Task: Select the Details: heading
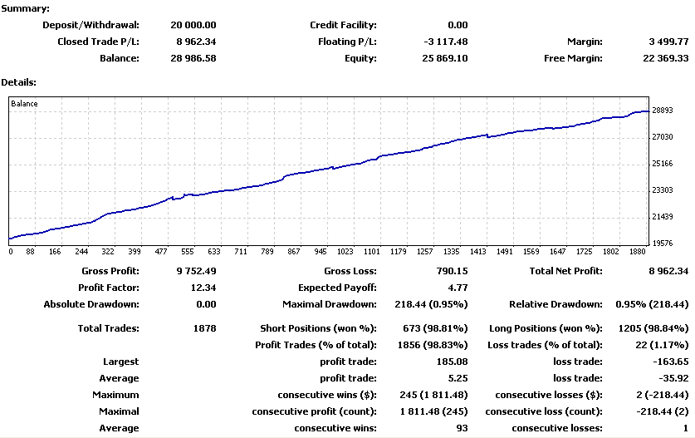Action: pos(18,82)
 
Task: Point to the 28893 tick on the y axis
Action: pos(662,110)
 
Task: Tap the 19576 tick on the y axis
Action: pos(662,244)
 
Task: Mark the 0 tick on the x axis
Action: pos(10,251)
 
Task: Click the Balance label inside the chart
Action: pos(24,104)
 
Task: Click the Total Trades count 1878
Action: pos(203,328)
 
